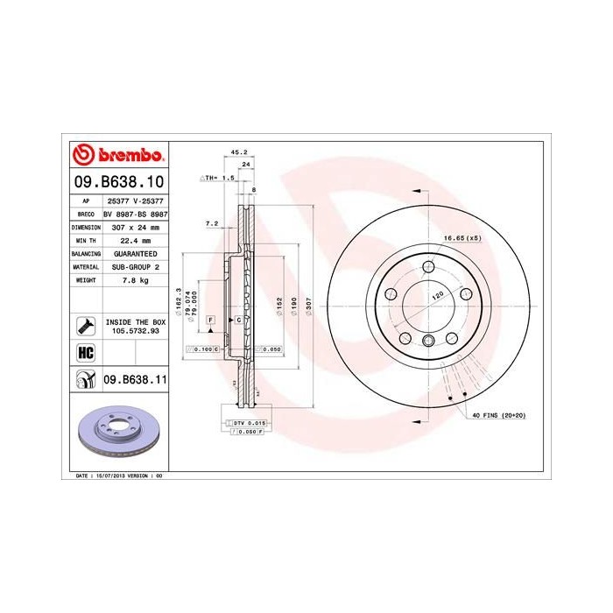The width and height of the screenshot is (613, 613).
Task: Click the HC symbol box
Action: click(x=86, y=353)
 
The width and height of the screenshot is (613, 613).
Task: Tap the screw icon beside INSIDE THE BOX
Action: click(x=86, y=326)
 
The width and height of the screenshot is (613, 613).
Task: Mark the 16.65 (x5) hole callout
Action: click(x=462, y=238)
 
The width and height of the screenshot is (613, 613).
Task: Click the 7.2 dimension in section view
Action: click(x=211, y=223)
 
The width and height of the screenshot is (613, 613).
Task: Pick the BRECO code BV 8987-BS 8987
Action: click(x=135, y=213)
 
